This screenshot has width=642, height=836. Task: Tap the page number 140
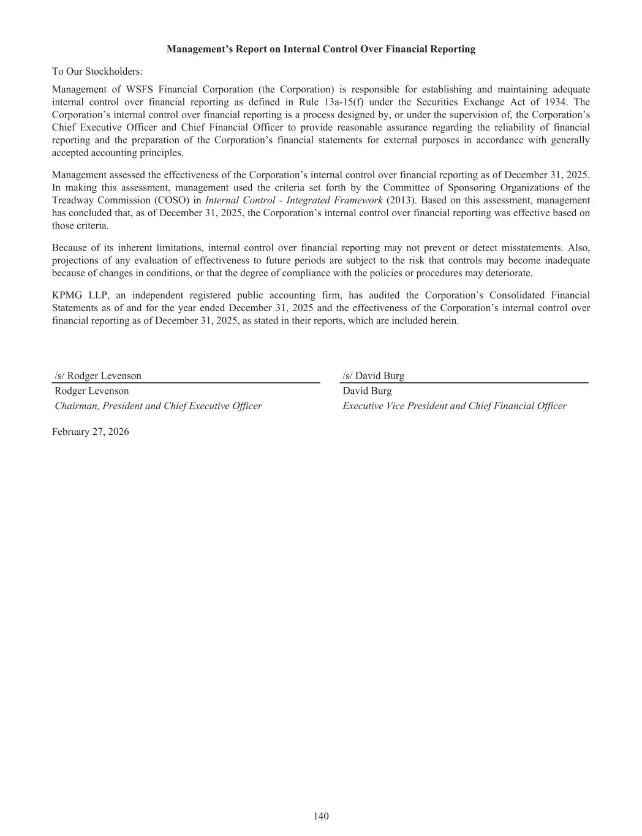(x=321, y=816)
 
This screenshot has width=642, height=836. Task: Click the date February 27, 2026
(x=91, y=432)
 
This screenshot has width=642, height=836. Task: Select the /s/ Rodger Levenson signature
(x=98, y=376)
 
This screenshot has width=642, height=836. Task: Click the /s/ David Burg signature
(x=374, y=376)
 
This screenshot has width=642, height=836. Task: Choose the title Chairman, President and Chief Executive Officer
(x=158, y=406)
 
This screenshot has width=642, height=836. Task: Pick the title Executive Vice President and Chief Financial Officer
(x=455, y=406)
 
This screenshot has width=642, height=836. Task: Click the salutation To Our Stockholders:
(x=97, y=72)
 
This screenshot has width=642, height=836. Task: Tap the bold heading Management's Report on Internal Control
(x=321, y=49)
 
